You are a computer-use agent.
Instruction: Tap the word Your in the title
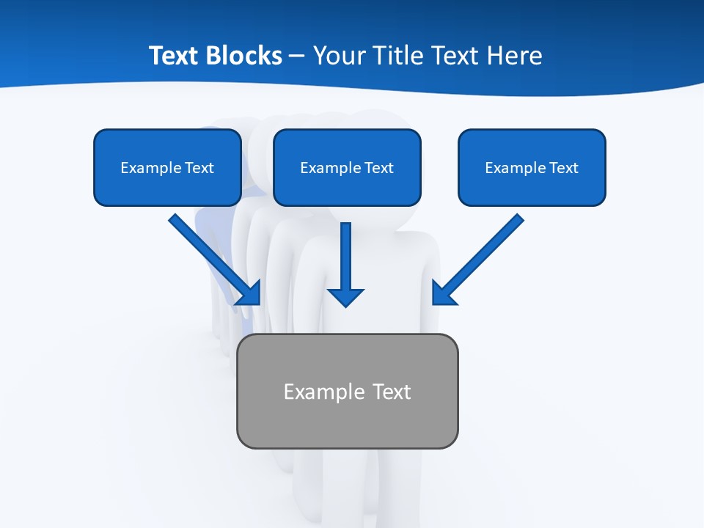tap(342, 56)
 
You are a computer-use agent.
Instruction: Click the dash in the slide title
tap(297, 56)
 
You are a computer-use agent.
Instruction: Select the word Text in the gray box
tap(392, 392)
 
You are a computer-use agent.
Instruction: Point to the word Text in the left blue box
tap(199, 168)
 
